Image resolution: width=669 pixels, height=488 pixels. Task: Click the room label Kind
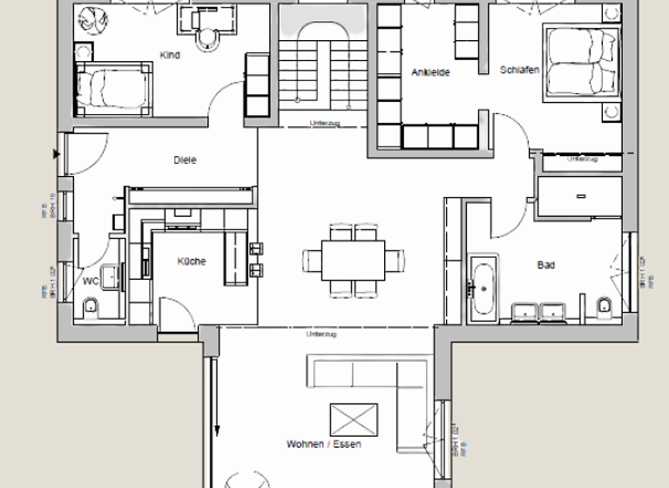(x=170, y=56)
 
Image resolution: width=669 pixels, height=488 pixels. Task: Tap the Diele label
(x=186, y=160)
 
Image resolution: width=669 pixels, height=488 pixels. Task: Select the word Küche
(x=192, y=261)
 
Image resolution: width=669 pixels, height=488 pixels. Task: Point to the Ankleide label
(x=430, y=73)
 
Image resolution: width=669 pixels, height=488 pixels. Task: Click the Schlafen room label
(x=520, y=69)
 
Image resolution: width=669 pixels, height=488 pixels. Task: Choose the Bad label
(x=546, y=265)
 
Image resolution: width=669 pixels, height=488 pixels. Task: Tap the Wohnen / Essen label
(x=324, y=444)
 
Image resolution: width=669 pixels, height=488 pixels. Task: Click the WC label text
(x=91, y=281)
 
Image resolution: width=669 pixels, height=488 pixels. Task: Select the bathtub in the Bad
(x=483, y=287)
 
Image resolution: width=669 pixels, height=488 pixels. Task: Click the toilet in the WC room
(x=91, y=307)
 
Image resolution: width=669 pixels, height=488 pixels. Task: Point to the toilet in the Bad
(x=605, y=306)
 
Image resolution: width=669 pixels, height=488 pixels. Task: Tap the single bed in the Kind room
(x=113, y=89)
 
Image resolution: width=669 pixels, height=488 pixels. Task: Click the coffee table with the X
(x=354, y=419)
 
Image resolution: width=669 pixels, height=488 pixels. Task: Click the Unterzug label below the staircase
(x=322, y=123)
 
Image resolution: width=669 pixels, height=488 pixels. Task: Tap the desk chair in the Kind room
(x=208, y=37)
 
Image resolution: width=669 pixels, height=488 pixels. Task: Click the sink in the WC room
(x=110, y=277)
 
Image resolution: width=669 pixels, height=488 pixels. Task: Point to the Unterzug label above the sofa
(x=321, y=334)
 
